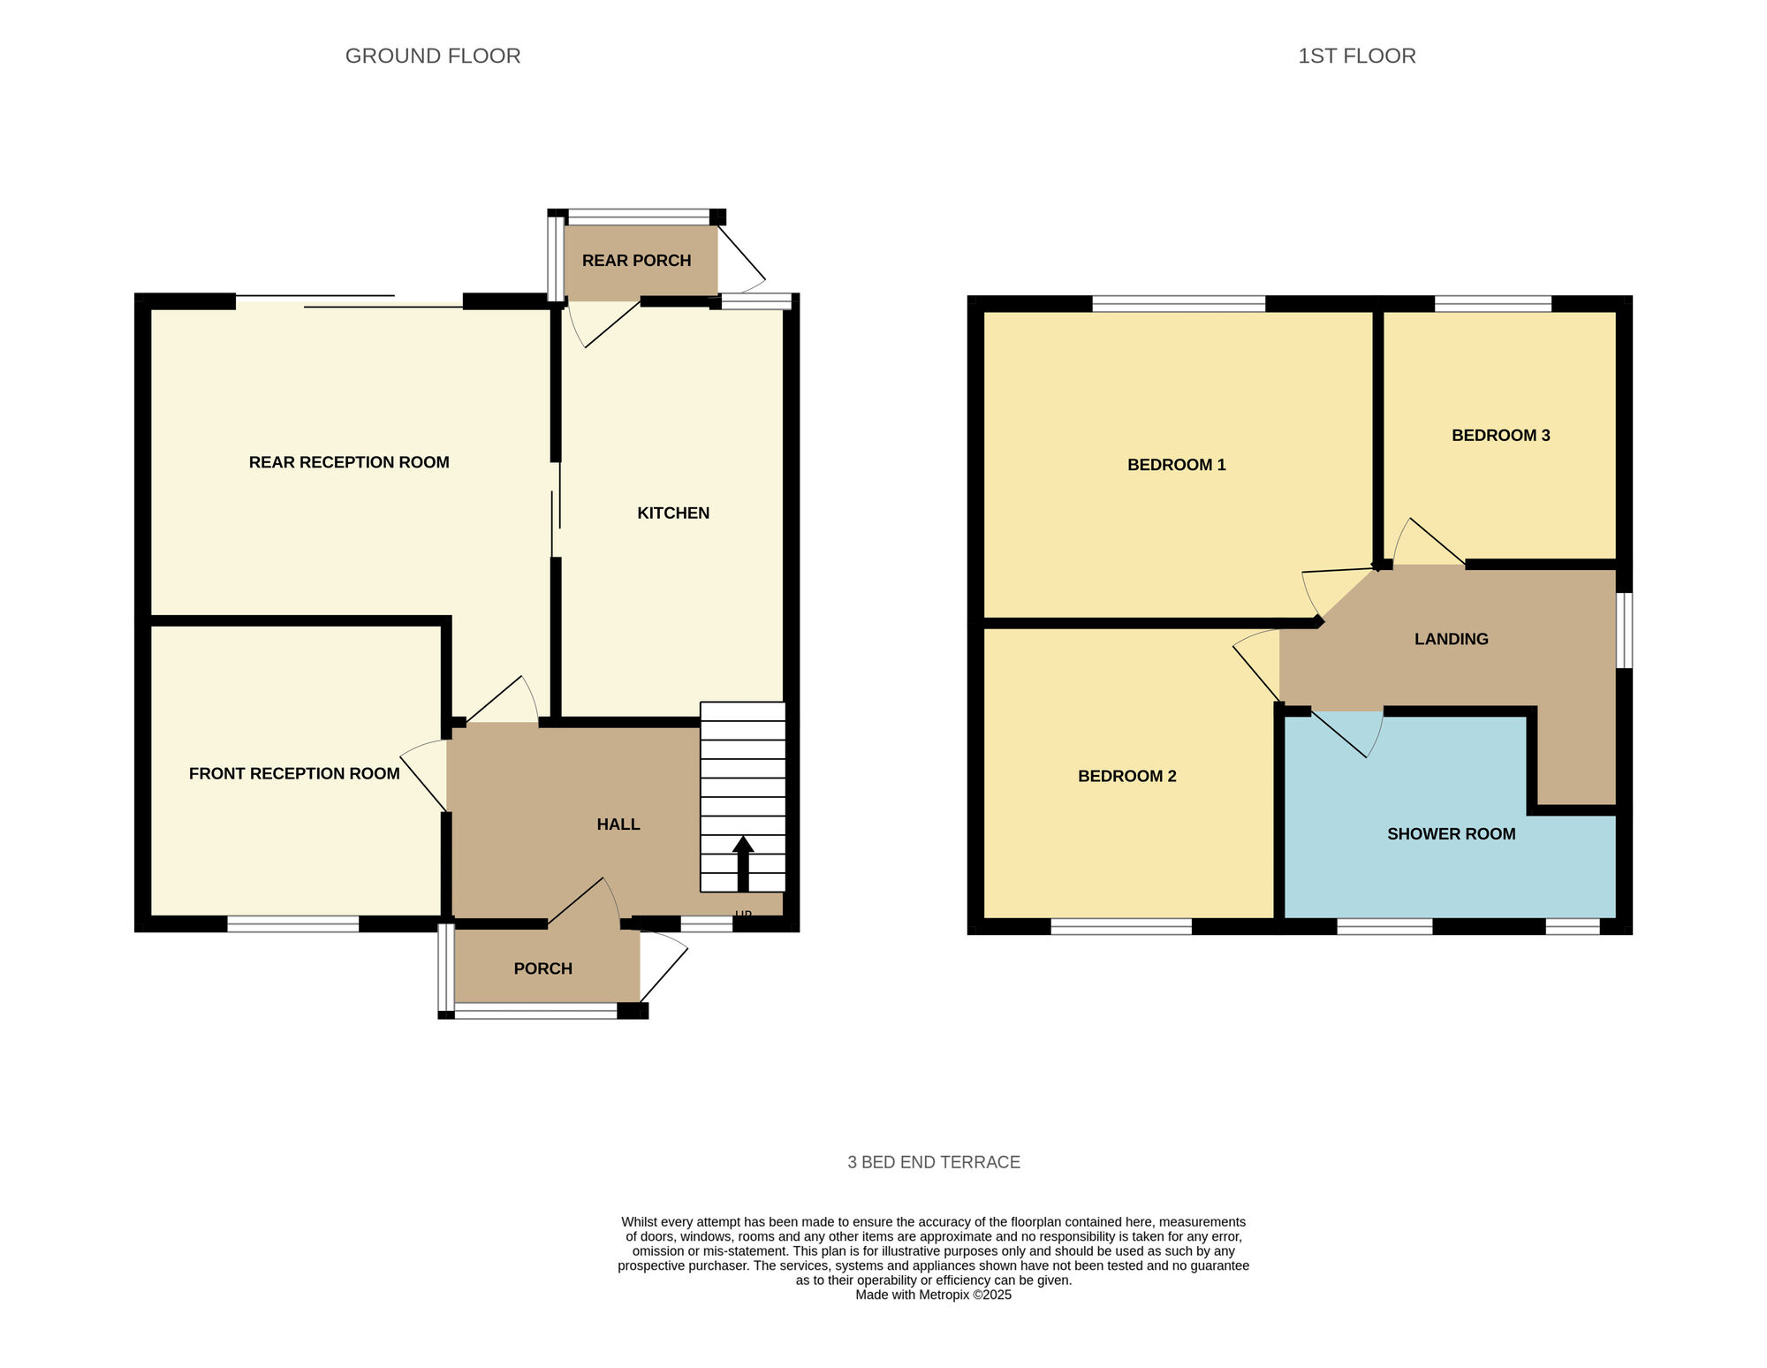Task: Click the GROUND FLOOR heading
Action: (x=433, y=56)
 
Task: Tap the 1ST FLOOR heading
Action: (x=1357, y=56)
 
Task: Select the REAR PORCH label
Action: (x=636, y=261)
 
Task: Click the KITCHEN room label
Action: (x=673, y=513)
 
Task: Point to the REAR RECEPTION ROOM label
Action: (x=349, y=462)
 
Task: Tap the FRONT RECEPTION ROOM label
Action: (x=294, y=774)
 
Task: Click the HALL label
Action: (x=618, y=825)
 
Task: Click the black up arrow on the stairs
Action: (x=743, y=863)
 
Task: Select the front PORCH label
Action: (x=543, y=969)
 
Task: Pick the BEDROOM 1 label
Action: (x=1177, y=465)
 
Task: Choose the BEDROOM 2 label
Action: (x=1127, y=777)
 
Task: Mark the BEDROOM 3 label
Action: (x=1501, y=436)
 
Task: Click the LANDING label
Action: (x=1452, y=639)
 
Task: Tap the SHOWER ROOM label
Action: (x=1452, y=834)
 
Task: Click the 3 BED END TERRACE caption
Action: (x=934, y=1162)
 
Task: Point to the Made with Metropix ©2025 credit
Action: (x=934, y=1295)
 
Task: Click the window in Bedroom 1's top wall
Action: (x=1179, y=304)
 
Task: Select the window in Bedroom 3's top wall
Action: (x=1493, y=304)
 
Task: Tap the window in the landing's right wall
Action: (x=1624, y=630)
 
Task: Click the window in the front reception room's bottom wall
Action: (x=293, y=924)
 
